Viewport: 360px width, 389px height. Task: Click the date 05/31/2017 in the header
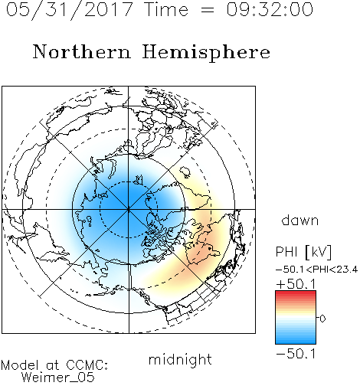[x=70, y=9]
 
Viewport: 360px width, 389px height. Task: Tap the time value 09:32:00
[x=270, y=9]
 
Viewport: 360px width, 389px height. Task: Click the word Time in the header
[x=166, y=9]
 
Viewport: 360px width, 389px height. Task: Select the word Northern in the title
[x=82, y=51]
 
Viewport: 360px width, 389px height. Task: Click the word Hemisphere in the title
[x=206, y=53]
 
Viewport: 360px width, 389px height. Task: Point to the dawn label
[x=300, y=220]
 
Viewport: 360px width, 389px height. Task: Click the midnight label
[x=180, y=359]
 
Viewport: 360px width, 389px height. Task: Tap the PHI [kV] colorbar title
[x=303, y=252]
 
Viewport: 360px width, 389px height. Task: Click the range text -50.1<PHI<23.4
[x=316, y=270]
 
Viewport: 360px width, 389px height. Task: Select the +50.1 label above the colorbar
[x=296, y=284]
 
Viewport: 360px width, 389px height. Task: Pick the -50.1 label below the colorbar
[x=296, y=354]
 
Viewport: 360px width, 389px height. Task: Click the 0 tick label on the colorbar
[x=322, y=319]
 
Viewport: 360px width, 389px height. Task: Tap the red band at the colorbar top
[x=296, y=293]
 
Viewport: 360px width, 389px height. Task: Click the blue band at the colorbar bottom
[x=296, y=340]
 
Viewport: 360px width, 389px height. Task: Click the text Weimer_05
[x=58, y=378]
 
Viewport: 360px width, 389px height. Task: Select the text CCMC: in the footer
[x=87, y=365]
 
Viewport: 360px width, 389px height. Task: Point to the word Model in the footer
[x=20, y=365]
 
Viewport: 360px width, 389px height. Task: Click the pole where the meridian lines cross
[x=129, y=210]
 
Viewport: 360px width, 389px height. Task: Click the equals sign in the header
[x=207, y=10]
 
